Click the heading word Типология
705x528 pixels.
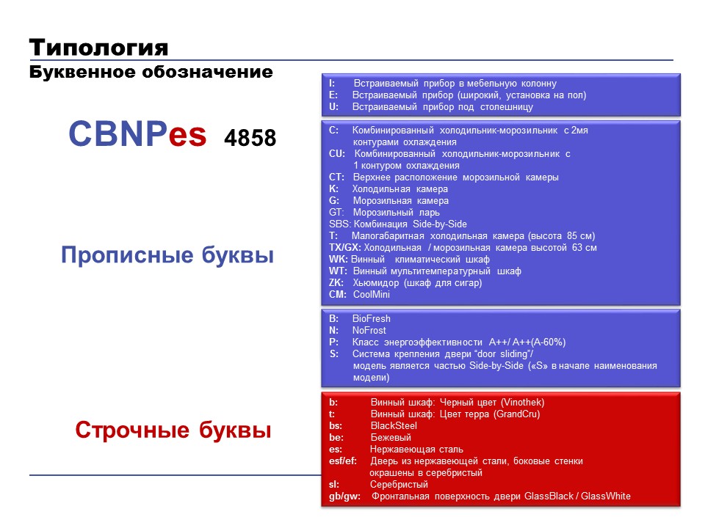[98, 48]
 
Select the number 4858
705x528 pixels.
[250, 138]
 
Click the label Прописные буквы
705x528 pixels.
[167, 255]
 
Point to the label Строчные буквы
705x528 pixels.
[173, 430]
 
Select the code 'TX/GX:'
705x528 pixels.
[345, 247]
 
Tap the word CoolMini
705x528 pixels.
[372, 295]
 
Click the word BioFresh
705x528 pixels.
[372, 319]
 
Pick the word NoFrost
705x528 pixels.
[369, 331]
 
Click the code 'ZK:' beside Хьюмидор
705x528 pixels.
[336, 283]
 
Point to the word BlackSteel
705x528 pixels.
[394, 425]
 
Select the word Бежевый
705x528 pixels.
[391, 437]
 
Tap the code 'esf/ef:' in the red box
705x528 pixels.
[343, 461]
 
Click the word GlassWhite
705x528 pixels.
[606, 496]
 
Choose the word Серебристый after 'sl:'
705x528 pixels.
[399, 485]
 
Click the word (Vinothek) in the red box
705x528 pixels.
[522, 403]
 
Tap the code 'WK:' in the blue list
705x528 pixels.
[338, 260]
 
